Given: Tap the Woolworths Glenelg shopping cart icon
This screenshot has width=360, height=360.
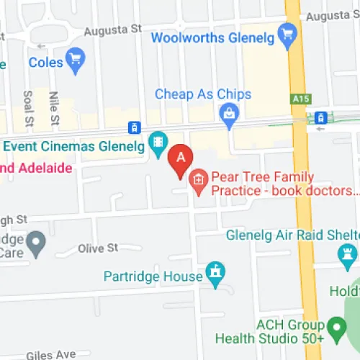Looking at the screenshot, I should [x=288, y=32].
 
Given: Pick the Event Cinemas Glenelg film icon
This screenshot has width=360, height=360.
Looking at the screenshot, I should [x=157, y=141].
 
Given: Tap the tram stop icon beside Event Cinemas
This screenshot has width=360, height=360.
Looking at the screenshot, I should [x=132, y=128].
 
